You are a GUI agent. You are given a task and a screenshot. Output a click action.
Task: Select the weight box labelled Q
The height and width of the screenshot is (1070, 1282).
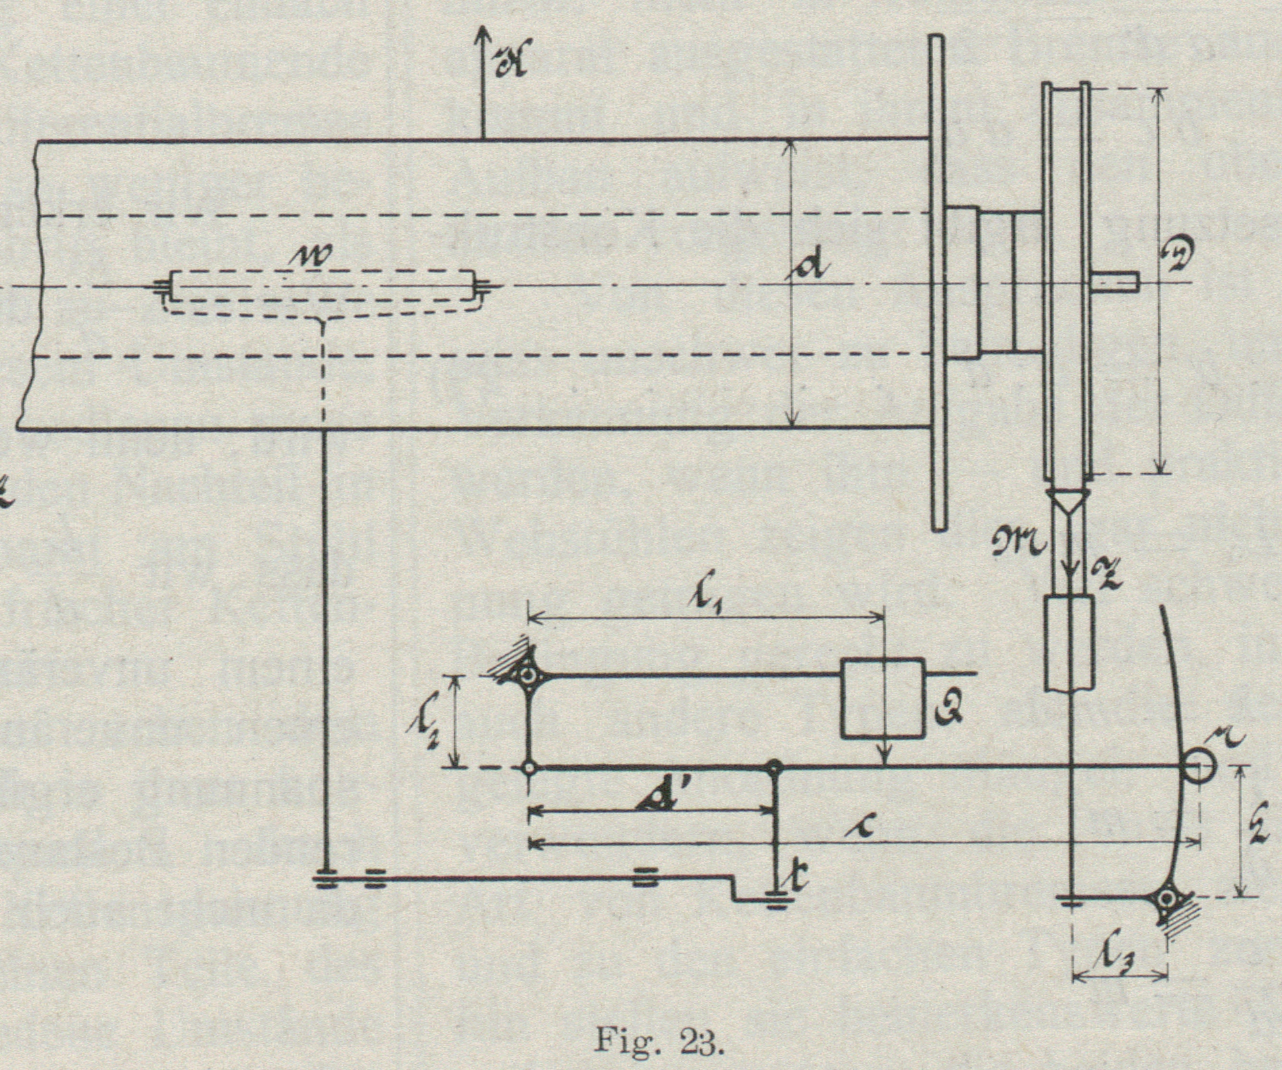(x=882, y=698)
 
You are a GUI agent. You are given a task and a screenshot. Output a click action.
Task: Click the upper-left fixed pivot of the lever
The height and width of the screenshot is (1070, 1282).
(x=529, y=675)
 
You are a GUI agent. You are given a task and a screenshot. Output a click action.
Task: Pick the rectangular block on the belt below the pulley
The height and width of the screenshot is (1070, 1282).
(x=1069, y=643)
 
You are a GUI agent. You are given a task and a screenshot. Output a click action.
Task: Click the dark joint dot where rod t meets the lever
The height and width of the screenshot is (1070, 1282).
(x=776, y=768)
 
